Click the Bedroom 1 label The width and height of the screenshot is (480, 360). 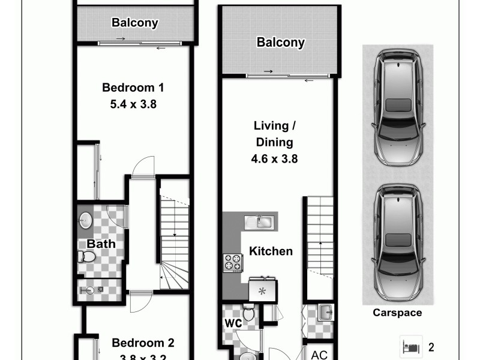click(133, 88)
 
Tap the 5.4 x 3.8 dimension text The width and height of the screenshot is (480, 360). click(133, 104)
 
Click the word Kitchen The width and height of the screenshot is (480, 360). click(271, 251)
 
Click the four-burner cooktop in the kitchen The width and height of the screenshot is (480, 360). click(233, 263)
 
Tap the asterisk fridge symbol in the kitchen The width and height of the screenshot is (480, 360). click(262, 292)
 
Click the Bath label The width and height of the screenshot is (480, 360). click(101, 244)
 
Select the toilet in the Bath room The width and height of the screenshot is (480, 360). click(88, 257)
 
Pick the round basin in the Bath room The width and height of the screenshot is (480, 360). click(85, 220)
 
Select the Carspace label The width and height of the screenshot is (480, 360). click(397, 313)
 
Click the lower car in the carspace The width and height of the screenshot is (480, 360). click(397, 242)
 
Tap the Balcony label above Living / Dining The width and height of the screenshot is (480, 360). click(280, 43)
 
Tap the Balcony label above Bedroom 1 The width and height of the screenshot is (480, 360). click(135, 23)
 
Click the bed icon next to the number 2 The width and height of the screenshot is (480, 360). click(412, 346)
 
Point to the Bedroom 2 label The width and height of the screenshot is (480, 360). click(143, 343)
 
